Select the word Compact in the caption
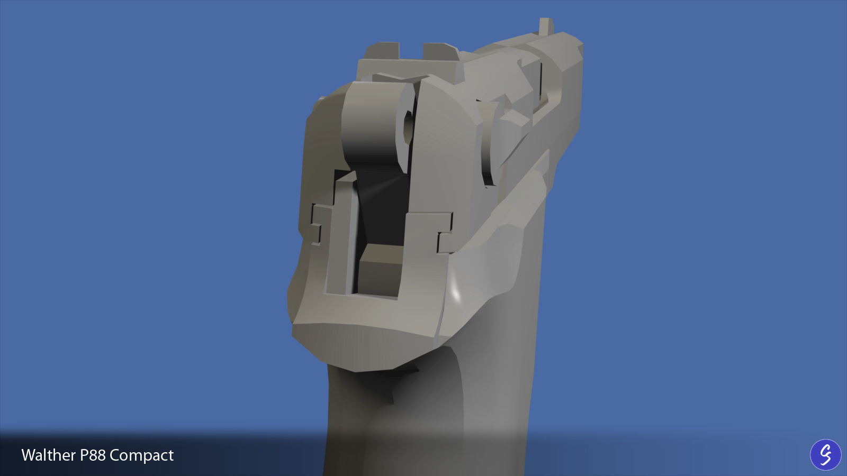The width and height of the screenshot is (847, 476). point(142,456)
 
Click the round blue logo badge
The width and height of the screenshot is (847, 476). point(825,454)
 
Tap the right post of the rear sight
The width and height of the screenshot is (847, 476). point(441,52)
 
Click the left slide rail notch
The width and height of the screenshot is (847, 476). point(316,225)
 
